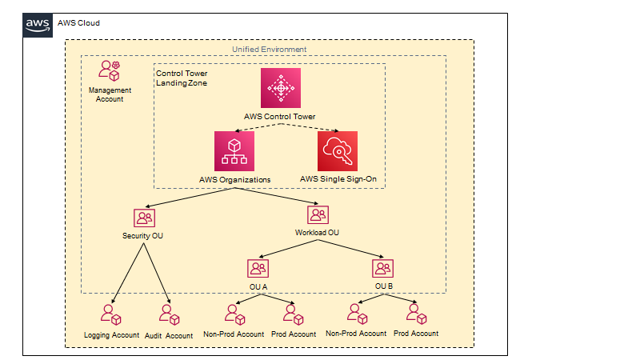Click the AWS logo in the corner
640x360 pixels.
[38, 26]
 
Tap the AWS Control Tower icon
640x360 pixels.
[281, 88]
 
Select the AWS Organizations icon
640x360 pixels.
[234, 151]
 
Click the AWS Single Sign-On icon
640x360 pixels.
[338, 151]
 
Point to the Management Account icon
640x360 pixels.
[109, 70]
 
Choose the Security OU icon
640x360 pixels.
[144, 218]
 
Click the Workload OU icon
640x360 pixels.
[318, 214]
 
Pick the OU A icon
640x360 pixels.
[258, 268]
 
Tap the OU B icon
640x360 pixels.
[383, 268]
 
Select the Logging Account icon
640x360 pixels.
[111, 314]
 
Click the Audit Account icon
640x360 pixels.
[170, 314]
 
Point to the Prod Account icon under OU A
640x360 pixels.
[294, 314]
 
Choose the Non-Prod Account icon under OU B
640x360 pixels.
[358, 314]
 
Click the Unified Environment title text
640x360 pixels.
[270, 50]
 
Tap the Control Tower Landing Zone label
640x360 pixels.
[182, 78]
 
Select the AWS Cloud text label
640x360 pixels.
[78, 23]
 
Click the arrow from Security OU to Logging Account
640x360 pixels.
[127, 274]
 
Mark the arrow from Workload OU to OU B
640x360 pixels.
[350, 249]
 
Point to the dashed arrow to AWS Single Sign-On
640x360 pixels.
[310, 127]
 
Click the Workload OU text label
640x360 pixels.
[317, 233]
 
